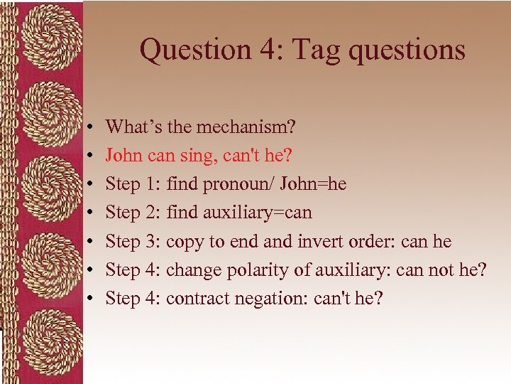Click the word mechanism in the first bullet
click(x=241, y=128)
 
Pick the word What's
click(x=130, y=128)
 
